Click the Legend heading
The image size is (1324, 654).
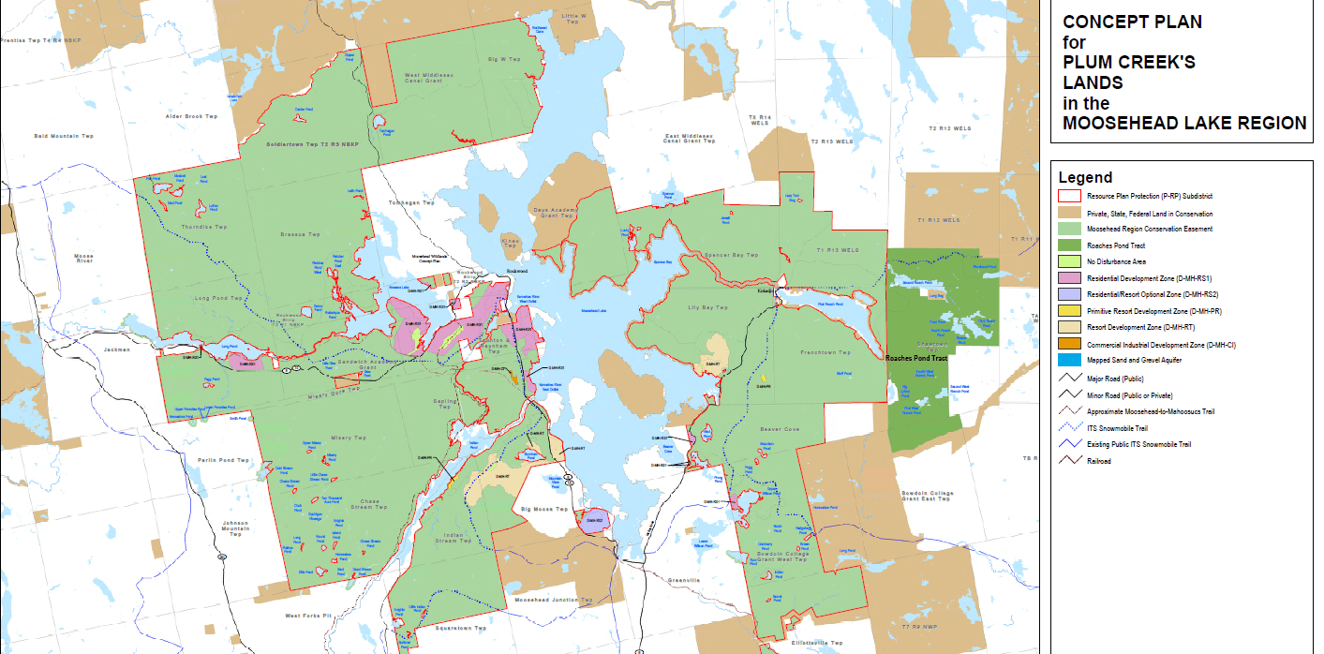1085,177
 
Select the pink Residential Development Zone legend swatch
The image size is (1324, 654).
1069,278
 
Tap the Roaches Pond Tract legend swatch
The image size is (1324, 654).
1069,245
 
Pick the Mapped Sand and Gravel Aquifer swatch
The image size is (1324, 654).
1069,360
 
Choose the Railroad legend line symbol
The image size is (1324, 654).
1069,460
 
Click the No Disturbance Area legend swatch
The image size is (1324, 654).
1069,261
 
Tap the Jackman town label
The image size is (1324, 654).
117,349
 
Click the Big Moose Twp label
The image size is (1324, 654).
544,509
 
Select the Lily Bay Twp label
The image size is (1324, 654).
707,307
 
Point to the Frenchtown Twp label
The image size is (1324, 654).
826,352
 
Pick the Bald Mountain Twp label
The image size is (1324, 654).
64,136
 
